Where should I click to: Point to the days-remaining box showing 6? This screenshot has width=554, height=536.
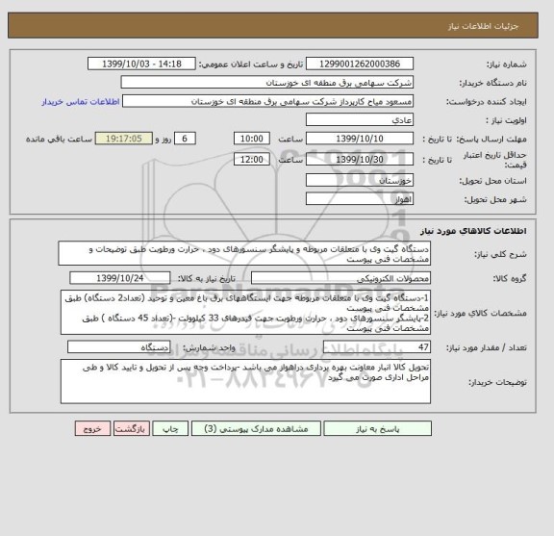(x=187, y=139)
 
